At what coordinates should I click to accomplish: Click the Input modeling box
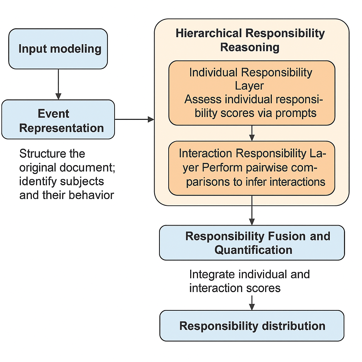[x=58, y=49]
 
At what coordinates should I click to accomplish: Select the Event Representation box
[x=58, y=119]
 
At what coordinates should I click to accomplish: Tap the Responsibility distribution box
[x=252, y=326]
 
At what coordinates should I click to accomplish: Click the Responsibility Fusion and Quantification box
[x=252, y=243]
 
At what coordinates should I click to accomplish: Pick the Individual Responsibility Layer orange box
[x=252, y=93]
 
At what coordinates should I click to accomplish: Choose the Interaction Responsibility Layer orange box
[x=252, y=168]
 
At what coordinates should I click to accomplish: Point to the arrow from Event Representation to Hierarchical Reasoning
[x=134, y=119]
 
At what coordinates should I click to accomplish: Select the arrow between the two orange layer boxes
[x=252, y=133]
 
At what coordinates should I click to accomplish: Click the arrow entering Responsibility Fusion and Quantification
[x=252, y=211]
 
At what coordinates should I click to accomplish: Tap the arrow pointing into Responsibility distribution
[x=252, y=302]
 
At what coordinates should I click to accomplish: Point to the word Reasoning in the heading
[x=250, y=47]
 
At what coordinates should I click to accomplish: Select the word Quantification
[x=253, y=250]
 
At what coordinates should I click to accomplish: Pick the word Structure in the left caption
[x=42, y=154]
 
